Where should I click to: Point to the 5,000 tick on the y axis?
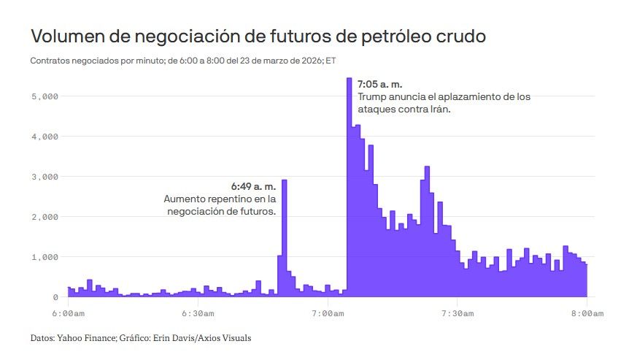tap(46, 96)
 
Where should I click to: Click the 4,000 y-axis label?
tap(46, 136)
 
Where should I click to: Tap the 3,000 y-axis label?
tap(46, 176)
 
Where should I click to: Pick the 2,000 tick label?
tap(46, 217)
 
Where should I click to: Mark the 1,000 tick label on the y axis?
tap(46, 257)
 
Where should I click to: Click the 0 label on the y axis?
tap(55, 297)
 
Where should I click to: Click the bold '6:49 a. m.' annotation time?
tap(253, 186)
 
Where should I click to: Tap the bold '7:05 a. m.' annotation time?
tap(379, 85)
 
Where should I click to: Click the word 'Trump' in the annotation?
tap(372, 97)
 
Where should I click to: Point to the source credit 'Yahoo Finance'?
tap(87, 338)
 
